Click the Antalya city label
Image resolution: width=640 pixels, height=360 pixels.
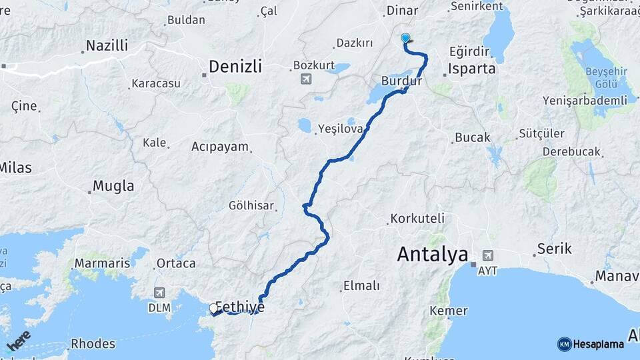click(432, 254)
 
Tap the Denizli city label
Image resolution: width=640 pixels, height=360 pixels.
click(235, 67)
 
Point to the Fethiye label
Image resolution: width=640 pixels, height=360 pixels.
click(240, 307)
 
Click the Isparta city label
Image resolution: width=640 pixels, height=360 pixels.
click(472, 69)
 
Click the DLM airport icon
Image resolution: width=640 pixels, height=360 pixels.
click(160, 293)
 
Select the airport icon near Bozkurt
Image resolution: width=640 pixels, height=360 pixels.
click(306, 79)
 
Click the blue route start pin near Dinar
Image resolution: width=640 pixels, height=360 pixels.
click(405, 39)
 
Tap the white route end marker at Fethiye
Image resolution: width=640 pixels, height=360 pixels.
click(213, 309)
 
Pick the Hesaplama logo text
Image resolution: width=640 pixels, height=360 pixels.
click(598, 344)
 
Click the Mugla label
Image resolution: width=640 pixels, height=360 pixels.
click(113, 186)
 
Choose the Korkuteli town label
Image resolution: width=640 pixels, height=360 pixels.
click(417, 218)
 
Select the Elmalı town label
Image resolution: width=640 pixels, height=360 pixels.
click(361, 285)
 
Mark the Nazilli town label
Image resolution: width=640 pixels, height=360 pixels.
click(107, 47)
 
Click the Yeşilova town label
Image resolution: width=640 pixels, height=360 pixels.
click(340, 128)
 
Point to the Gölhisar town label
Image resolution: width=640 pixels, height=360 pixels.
click(251, 205)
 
